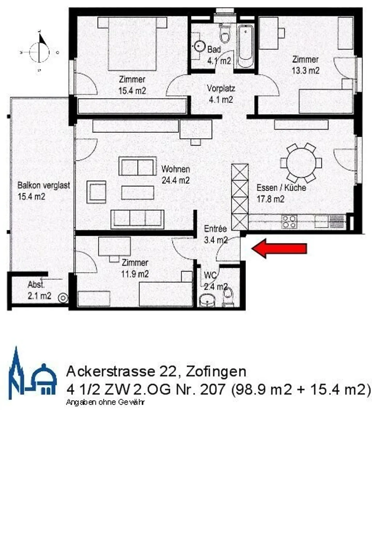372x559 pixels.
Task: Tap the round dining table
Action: click(x=301, y=163)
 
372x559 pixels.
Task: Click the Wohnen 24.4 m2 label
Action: click(x=176, y=175)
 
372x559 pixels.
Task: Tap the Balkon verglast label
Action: click(x=43, y=185)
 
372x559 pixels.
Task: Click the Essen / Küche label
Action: click(x=281, y=188)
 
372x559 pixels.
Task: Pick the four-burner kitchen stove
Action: click(x=289, y=222)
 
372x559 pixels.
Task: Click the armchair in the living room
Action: click(x=96, y=192)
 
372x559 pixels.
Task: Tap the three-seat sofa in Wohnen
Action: click(x=137, y=219)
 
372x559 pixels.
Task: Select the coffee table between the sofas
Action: click(x=137, y=193)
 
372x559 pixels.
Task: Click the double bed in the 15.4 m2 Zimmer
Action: click(x=132, y=43)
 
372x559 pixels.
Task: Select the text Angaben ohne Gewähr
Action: click(x=105, y=402)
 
